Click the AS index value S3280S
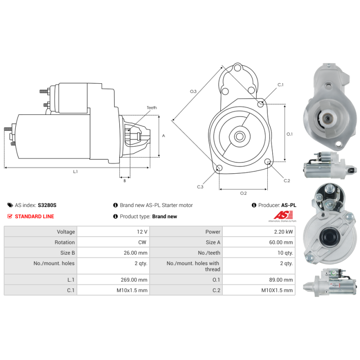pyautogui.click(x=47, y=205)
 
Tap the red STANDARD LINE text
pyautogui.click(x=35, y=216)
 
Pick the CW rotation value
pyautogui.click(x=142, y=242)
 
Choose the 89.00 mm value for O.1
pyautogui.click(x=281, y=279)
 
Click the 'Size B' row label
pyautogui.click(x=67, y=253)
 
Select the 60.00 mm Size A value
pyautogui.click(x=281, y=242)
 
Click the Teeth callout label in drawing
pyautogui.click(x=152, y=108)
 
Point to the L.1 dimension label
pyautogui.click(x=75, y=171)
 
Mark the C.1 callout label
pyautogui.click(x=280, y=85)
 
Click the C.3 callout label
pyautogui.click(x=200, y=187)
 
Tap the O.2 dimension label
pyautogui.click(x=243, y=193)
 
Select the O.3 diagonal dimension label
pyautogui.click(x=193, y=91)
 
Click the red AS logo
pyautogui.click(x=283, y=216)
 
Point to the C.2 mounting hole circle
pyautogui.click(x=267, y=162)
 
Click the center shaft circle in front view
pyautogui.click(x=240, y=137)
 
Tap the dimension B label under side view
pyautogui.click(x=125, y=181)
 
